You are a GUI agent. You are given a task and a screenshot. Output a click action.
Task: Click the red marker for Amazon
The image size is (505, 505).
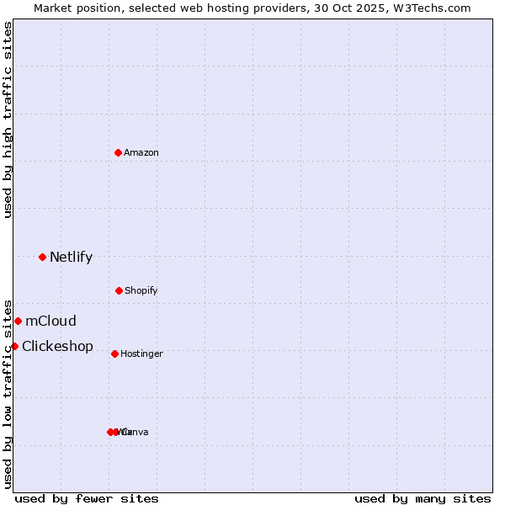[119, 152]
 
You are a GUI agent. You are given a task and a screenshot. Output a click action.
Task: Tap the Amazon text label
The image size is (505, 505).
[141, 153]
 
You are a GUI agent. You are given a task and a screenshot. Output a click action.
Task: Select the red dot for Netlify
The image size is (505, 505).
[43, 257]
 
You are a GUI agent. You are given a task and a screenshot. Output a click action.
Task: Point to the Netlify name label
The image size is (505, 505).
[71, 258]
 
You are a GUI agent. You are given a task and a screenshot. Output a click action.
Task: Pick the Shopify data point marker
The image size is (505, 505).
[119, 290]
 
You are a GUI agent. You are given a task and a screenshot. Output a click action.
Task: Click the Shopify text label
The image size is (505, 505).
[141, 291]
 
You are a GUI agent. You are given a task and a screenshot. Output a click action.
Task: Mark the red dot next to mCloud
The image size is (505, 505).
[19, 321]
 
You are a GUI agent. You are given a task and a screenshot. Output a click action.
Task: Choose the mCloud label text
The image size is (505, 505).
[50, 322]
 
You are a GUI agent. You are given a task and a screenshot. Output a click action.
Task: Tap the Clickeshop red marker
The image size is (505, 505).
[14, 346]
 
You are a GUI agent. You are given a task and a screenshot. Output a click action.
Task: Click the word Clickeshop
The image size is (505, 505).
[57, 347]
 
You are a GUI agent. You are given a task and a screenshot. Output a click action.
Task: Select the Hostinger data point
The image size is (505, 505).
[114, 353]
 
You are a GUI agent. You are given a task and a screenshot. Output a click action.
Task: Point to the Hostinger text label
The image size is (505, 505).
[141, 354]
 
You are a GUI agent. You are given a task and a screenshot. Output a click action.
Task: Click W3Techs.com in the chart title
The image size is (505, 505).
[433, 8]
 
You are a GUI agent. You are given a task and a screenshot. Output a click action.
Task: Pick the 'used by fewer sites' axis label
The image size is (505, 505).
[87, 499]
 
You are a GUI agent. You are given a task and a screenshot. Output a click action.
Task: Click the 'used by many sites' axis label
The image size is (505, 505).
[423, 499]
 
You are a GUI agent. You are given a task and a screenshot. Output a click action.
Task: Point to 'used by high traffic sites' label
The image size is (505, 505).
[8, 120]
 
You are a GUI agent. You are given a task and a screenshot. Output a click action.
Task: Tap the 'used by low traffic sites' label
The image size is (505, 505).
[8, 393]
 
